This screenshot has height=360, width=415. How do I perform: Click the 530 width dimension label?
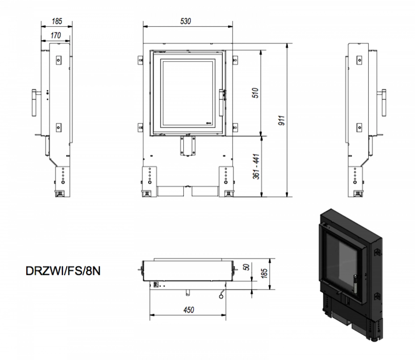(x=186, y=21)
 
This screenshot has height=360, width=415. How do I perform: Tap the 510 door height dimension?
(x=256, y=92)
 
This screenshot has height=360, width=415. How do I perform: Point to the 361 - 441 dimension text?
(x=256, y=167)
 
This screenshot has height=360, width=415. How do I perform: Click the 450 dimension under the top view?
(x=188, y=310)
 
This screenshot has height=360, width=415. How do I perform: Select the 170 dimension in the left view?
(x=55, y=35)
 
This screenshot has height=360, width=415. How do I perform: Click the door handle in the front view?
(x=221, y=103)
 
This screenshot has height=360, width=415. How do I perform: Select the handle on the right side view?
(x=384, y=103)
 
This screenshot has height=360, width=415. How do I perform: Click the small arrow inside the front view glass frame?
(x=209, y=122)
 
